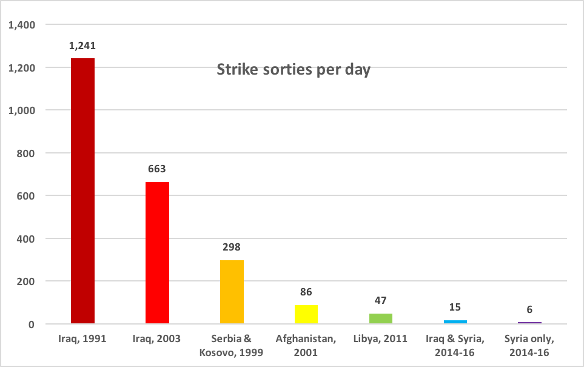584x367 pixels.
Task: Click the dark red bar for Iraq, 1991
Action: click(83, 191)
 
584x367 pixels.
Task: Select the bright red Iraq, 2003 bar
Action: click(157, 253)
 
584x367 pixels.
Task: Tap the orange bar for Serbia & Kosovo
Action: click(232, 292)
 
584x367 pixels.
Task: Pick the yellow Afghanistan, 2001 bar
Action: click(306, 314)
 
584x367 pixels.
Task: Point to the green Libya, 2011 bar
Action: click(380, 318)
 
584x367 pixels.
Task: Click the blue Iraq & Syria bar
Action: click(455, 322)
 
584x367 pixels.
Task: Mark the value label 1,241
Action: click(83, 45)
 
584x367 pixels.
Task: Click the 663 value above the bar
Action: click(157, 169)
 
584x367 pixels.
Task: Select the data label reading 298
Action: click(232, 247)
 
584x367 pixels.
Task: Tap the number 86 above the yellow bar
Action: click(306, 292)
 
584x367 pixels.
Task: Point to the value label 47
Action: click(380, 301)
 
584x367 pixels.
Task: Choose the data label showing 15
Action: click(455, 308)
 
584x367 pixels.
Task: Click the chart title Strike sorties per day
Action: click(294, 70)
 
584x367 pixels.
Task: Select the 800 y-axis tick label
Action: click(28, 153)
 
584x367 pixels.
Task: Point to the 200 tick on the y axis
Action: click(28, 281)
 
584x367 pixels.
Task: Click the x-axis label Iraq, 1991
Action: click(83, 338)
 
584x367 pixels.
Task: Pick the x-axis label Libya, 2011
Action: click(380, 338)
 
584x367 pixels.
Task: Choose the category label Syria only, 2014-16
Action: click(529, 345)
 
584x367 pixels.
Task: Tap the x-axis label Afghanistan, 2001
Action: click(306, 345)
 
